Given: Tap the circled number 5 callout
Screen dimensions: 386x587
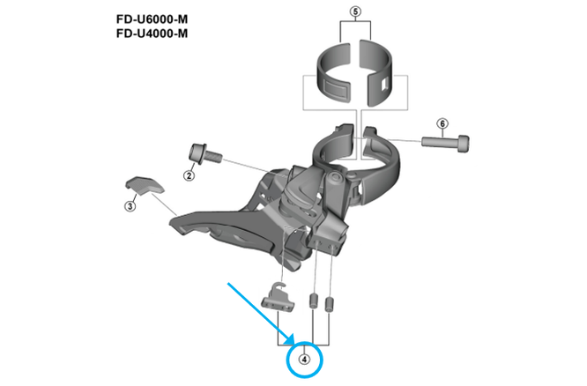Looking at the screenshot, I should click(355, 11).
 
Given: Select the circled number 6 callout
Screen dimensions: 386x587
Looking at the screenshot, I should click(442, 123).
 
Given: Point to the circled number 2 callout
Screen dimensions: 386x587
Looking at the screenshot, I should click(188, 175).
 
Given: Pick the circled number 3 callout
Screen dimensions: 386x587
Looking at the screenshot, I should click(130, 207).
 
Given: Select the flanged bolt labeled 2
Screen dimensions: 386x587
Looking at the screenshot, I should click(200, 154).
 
